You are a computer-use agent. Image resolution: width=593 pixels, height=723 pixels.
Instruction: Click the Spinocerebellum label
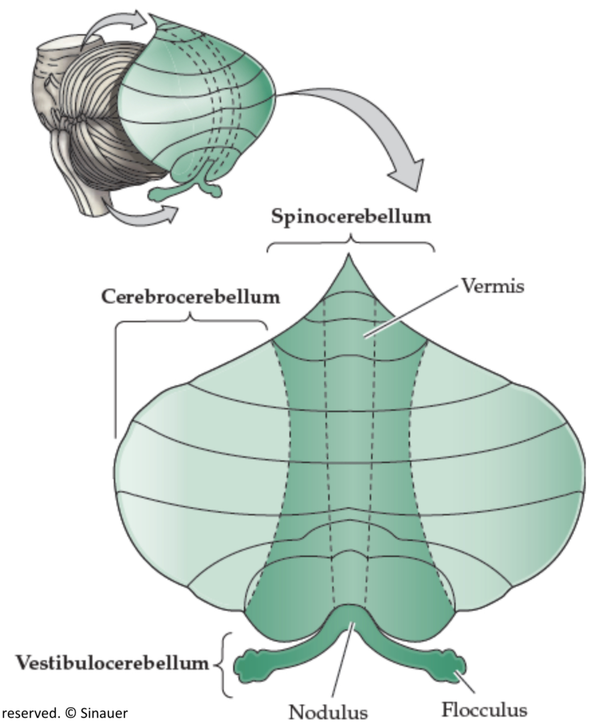tap(351, 217)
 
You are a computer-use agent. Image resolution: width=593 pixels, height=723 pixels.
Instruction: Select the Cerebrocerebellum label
tap(190, 297)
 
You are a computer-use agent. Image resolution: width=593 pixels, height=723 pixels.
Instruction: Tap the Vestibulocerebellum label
tap(112, 663)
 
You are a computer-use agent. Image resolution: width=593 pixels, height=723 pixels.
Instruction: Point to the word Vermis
tap(492, 286)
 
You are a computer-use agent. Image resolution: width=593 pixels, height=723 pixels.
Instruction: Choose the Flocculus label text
tap(484, 710)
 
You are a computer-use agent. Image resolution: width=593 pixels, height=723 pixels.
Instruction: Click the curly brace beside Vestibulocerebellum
tap(224, 664)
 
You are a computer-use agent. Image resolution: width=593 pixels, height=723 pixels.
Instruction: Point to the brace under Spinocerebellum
tap(350, 245)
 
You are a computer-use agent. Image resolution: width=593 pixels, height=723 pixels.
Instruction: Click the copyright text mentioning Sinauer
tap(64, 713)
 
